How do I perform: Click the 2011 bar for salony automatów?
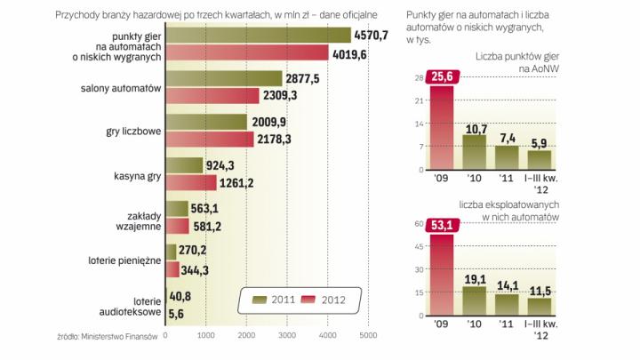[224, 78]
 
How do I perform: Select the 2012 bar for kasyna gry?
[191, 183]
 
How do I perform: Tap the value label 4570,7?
[374, 35]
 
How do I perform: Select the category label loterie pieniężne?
[132, 262]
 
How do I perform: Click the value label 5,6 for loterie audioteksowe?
[177, 314]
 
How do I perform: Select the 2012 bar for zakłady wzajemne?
[178, 227]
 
